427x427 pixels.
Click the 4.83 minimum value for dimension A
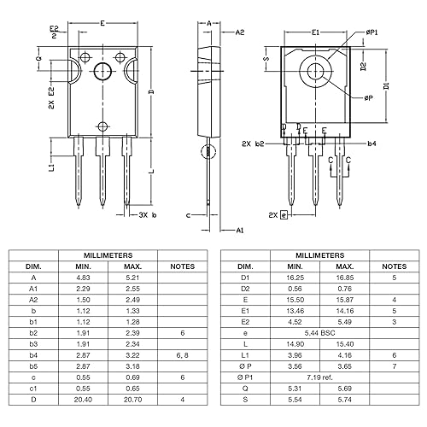(x=83, y=277)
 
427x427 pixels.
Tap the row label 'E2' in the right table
(x=246, y=321)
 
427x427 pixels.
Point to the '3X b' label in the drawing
(x=149, y=216)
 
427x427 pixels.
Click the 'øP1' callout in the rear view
(x=372, y=32)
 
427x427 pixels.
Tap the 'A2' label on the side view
(x=240, y=32)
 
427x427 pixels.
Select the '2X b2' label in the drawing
(x=254, y=144)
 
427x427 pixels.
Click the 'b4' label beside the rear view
(x=371, y=144)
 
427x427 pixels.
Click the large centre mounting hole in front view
(x=104, y=72)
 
